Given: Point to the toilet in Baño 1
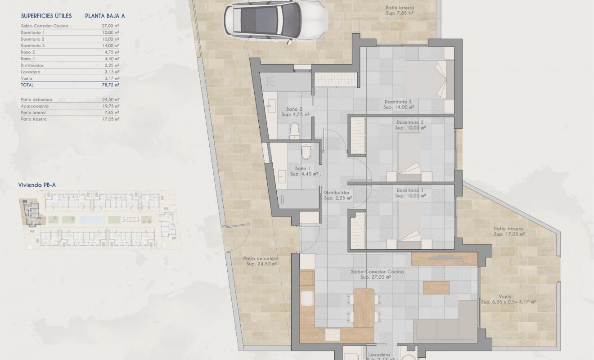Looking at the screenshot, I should [x=306, y=152].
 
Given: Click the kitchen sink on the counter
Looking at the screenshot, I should [x=307, y=298].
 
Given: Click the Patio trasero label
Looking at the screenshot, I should [x=508, y=231].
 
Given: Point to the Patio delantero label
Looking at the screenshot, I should [x=261, y=261].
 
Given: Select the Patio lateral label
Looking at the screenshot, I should [x=400, y=10].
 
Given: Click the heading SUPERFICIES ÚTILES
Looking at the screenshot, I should [x=46, y=16].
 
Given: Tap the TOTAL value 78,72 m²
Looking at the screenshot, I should [x=110, y=85].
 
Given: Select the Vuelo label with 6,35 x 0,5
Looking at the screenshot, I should [x=508, y=300].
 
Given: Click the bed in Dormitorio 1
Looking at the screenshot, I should [x=409, y=224].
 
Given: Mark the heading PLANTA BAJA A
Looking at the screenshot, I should [x=105, y=16].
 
